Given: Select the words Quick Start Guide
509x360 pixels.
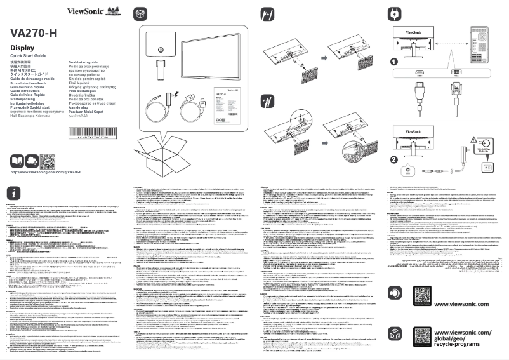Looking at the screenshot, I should (29, 57).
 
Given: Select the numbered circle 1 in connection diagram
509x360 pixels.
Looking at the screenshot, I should (395, 62).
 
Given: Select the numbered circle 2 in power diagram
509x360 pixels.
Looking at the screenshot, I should (395, 160).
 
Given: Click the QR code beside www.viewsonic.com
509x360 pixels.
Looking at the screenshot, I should (425, 295).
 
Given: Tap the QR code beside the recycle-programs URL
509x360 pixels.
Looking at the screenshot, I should (425, 337).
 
